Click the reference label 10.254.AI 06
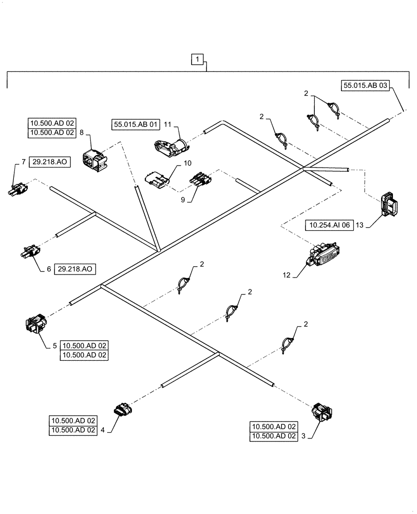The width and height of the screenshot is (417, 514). tap(329, 225)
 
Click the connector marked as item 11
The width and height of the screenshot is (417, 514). tap(171, 146)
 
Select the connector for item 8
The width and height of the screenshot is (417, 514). tap(94, 157)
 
